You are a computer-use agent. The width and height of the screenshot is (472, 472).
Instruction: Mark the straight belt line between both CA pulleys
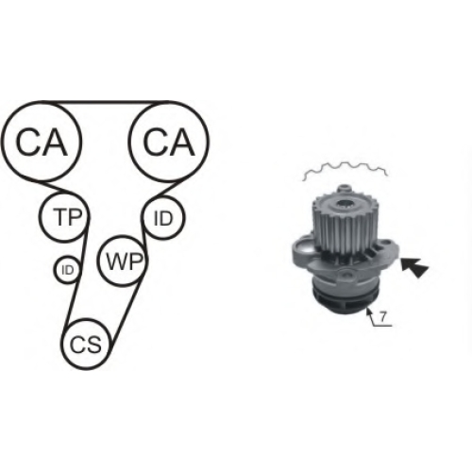[x=106, y=102]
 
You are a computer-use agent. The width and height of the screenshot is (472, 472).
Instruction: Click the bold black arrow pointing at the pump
[x=414, y=267]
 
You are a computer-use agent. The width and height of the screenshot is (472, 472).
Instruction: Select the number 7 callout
[x=382, y=317]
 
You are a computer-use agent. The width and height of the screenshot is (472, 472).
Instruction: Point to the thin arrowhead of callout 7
[x=368, y=311]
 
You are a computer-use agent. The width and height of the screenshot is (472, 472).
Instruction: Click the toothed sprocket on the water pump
[x=346, y=225]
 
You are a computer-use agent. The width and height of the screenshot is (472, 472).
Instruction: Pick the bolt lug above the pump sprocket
[x=346, y=189]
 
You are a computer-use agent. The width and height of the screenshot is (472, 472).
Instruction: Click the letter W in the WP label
[x=115, y=261]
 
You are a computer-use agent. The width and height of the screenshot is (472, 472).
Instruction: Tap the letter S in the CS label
[x=94, y=345]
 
